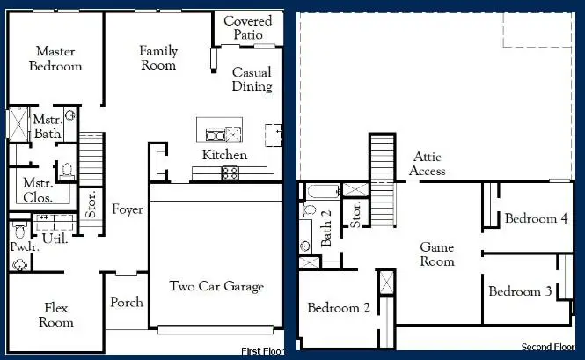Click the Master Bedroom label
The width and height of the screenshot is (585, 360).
(55, 59)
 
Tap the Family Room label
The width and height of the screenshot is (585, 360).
(158, 58)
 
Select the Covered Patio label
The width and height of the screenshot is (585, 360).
(247, 27)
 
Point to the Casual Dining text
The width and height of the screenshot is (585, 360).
(252, 79)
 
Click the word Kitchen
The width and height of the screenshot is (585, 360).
(224, 155)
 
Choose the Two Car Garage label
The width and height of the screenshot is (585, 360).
(216, 286)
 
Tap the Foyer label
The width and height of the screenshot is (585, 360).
(128, 209)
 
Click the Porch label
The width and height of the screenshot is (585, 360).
(127, 302)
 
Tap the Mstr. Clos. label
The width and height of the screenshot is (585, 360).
(39, 190)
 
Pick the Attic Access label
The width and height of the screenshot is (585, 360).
(428, 164)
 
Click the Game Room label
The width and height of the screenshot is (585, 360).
(436, 254)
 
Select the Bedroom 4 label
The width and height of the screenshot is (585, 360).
(536, 218)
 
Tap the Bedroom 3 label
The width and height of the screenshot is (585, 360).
(521, 291)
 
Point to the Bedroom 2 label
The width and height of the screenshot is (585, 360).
(339, 308)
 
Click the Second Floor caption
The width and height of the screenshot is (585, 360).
(548, 347)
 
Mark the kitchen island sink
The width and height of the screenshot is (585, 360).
(216, 135)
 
